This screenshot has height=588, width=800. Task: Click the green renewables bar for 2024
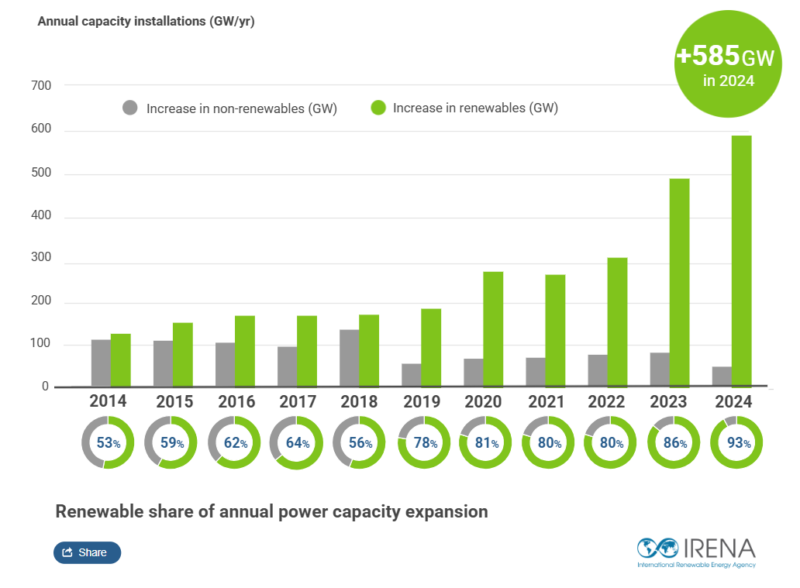click(x=742, y=261)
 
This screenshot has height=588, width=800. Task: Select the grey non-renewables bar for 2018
click(x=349, y=358)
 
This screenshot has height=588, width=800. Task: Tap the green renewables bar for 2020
click(x=493, y=329)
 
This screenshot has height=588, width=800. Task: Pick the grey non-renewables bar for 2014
click(x=101, y=363)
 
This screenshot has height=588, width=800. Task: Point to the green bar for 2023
click(x=679, y=283)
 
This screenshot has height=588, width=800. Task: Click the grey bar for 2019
click(x=411, y=375)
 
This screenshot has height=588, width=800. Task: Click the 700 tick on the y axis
click(x=41, y=85)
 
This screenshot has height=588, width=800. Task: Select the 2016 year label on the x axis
click(x=235, y=402)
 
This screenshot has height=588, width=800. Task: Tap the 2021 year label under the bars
click(x=547, y=402)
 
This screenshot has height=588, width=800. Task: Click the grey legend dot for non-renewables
click(x=130, y=108)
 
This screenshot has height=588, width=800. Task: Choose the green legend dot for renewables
click(x=378, y=108)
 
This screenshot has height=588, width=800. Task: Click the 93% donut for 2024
click(x=736, y=442)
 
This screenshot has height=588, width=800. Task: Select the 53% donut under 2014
click(x=108, y=442)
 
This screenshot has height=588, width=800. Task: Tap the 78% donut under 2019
click(x=423, y=442)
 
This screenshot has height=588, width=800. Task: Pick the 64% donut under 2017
click(x=295, y=442)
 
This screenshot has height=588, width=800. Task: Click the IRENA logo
click(x=696, y=552)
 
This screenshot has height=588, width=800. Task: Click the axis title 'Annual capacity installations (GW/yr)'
click(x=146, y=21)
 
